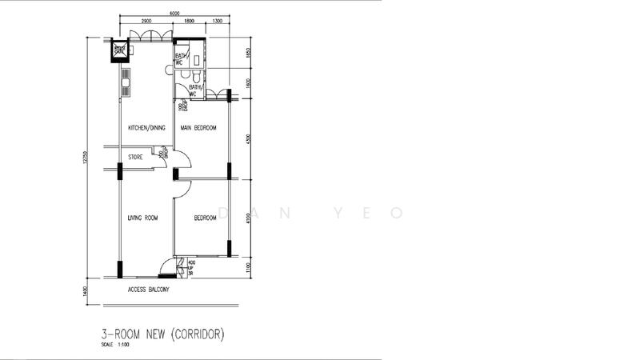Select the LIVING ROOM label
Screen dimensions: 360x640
(x=143, y=218)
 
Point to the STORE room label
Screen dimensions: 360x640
(x=135, y=158)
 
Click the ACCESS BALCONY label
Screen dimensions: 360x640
(x=148, y=290)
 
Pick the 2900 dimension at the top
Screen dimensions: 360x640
(x=146, y=21)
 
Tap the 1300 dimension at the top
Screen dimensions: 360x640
(x=218, y=21)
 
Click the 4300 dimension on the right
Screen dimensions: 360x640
(x=249, y=138)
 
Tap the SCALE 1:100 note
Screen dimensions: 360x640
(x=117, y=345)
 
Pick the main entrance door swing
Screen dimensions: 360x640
(x=167, y=266)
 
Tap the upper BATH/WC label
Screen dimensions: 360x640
(x=181, y=58)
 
